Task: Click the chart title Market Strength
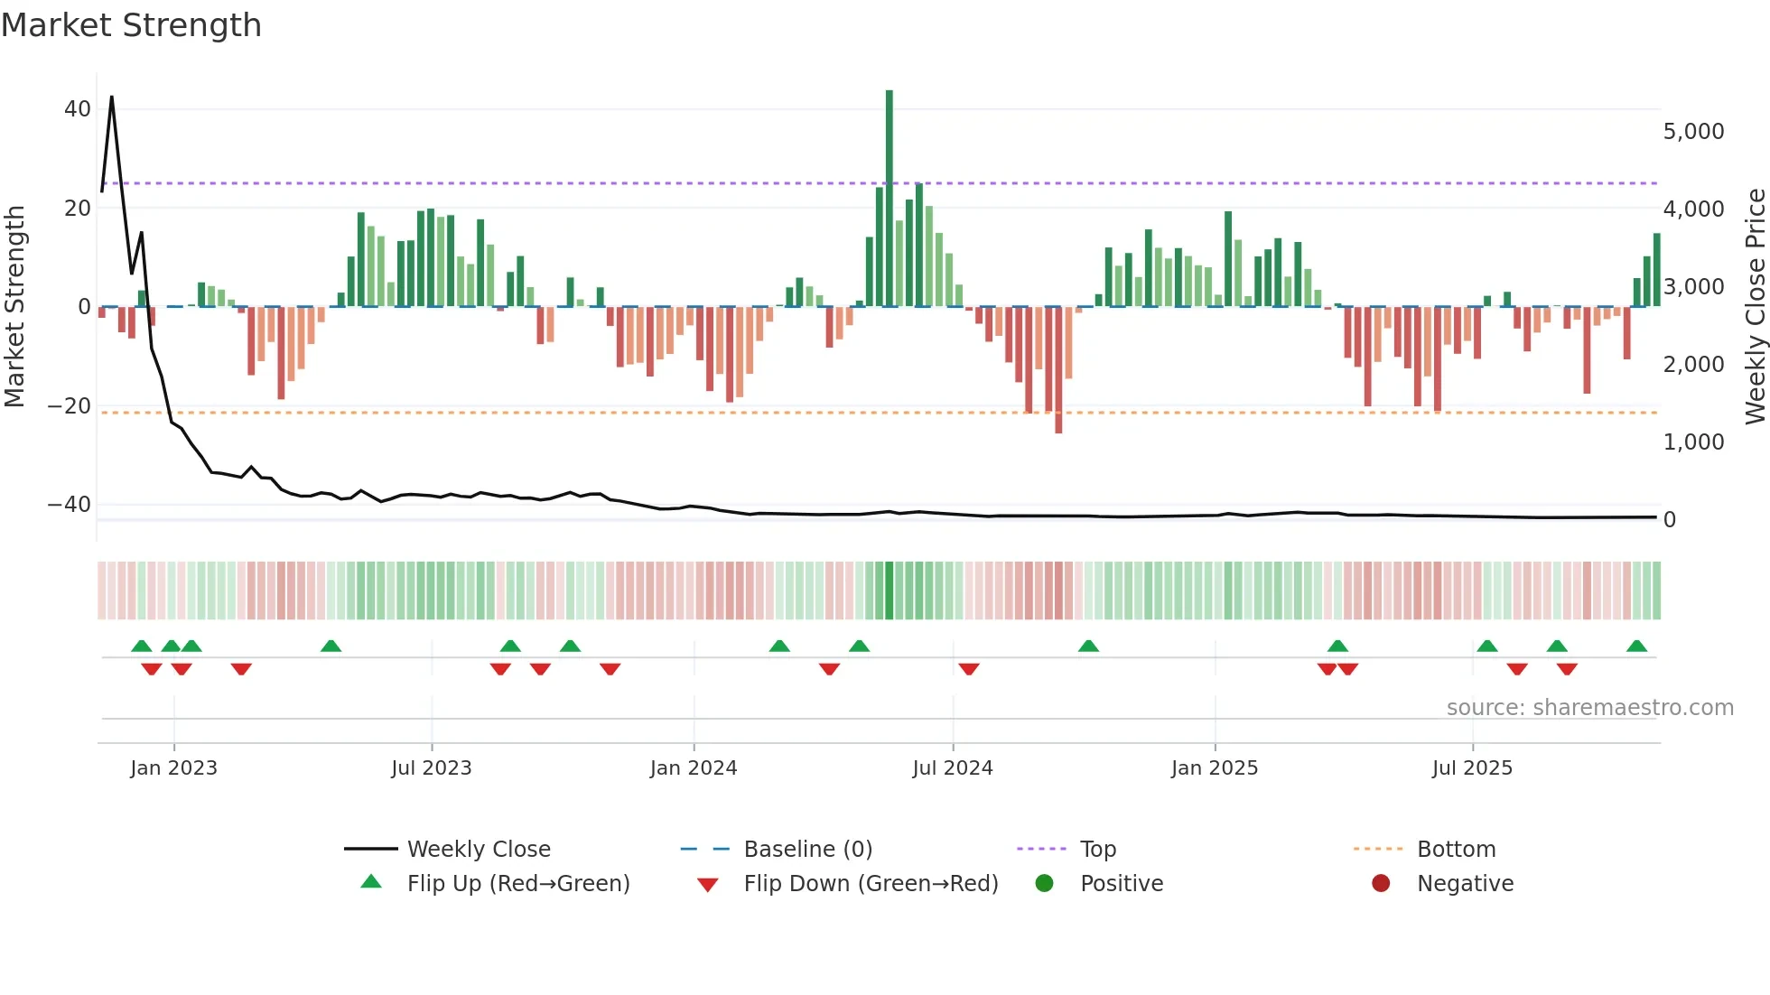(x=131, y=25)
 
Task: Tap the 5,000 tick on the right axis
(x=1693, y=132)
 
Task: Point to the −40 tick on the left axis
(x=70, y=505)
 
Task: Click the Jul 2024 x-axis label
(x=952, y=768)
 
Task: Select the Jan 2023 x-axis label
(x=173, y=768)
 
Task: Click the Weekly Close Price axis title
(x=1755, y=307)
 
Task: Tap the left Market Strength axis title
(x=14, y=307)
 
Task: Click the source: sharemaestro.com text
(x=1589, y=708)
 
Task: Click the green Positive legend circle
(x=1045, y=884)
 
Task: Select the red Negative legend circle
(x=1381, y=884)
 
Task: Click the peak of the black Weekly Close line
(x=111, y=97)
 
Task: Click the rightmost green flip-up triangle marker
(x=1636, y=646)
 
